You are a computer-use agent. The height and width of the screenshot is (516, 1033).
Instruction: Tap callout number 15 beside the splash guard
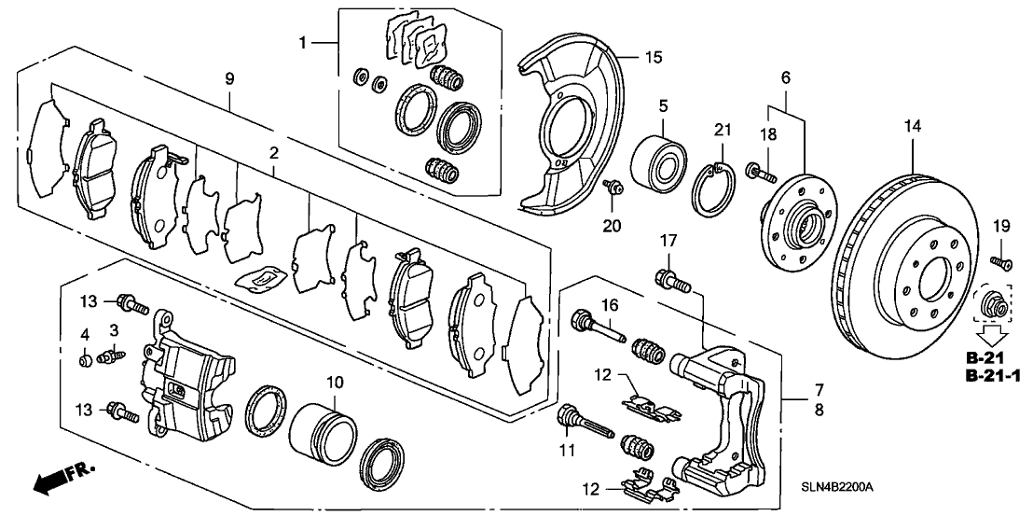point(653,56)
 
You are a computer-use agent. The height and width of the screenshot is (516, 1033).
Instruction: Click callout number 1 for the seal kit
point(303,43)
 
